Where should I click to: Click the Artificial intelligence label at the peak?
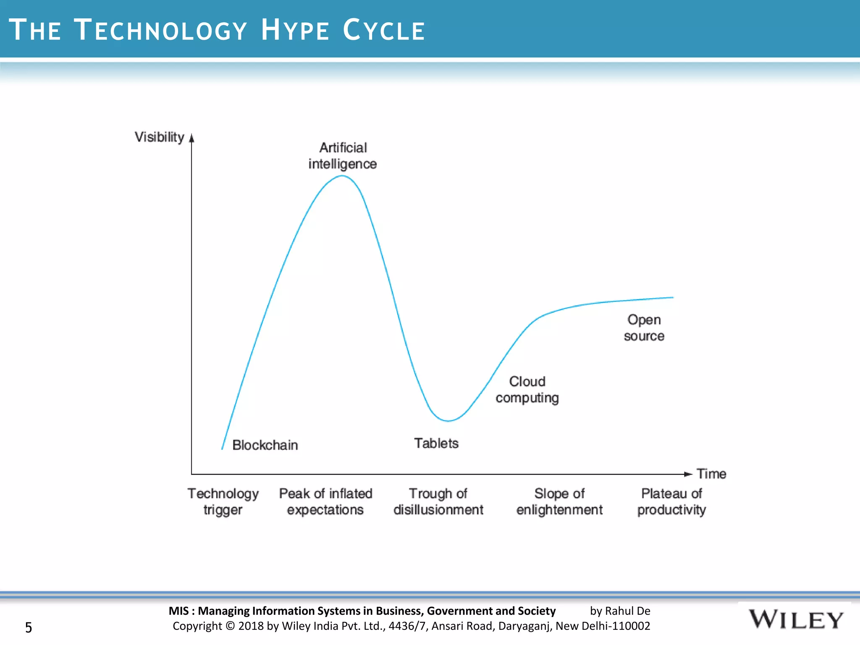click(343, 156)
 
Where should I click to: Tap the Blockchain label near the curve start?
click(265, 445)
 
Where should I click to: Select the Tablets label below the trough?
click(436, 443)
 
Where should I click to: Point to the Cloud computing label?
click(527, 390)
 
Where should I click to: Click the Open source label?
click(644, 328)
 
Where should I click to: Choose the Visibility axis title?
click(159, 137)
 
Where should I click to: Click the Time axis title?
click(711, 474)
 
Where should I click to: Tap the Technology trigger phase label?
click(223, 501)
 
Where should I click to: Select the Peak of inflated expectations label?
click(325, 501)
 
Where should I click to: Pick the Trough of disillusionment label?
click(438, 501)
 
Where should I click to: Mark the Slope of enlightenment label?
click(559, 501)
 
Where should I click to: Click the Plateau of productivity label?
click(671, 501)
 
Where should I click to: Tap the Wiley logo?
click(796, 620)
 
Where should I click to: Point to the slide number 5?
click(29, 627)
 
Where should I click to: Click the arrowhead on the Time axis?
click(688, 474)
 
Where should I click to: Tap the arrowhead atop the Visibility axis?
click(192, 138)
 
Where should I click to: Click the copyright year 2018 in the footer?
click(251, 626)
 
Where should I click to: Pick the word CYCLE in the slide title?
click(384, 30)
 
